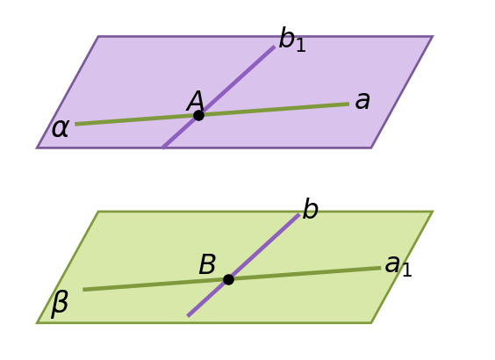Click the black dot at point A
198,116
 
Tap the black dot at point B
228,279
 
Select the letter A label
196,101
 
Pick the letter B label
207,264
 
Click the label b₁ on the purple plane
292,40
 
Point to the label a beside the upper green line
362,101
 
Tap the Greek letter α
60,128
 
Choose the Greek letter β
60,304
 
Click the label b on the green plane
311,208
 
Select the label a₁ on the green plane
398,266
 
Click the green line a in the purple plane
212,114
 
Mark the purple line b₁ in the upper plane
219,97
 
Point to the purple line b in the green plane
243,265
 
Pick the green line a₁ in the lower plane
232,279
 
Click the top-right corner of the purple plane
432,37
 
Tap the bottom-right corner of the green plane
371,322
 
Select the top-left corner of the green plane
98,212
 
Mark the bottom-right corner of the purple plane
371,148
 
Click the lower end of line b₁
163,148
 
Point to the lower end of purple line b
188,315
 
